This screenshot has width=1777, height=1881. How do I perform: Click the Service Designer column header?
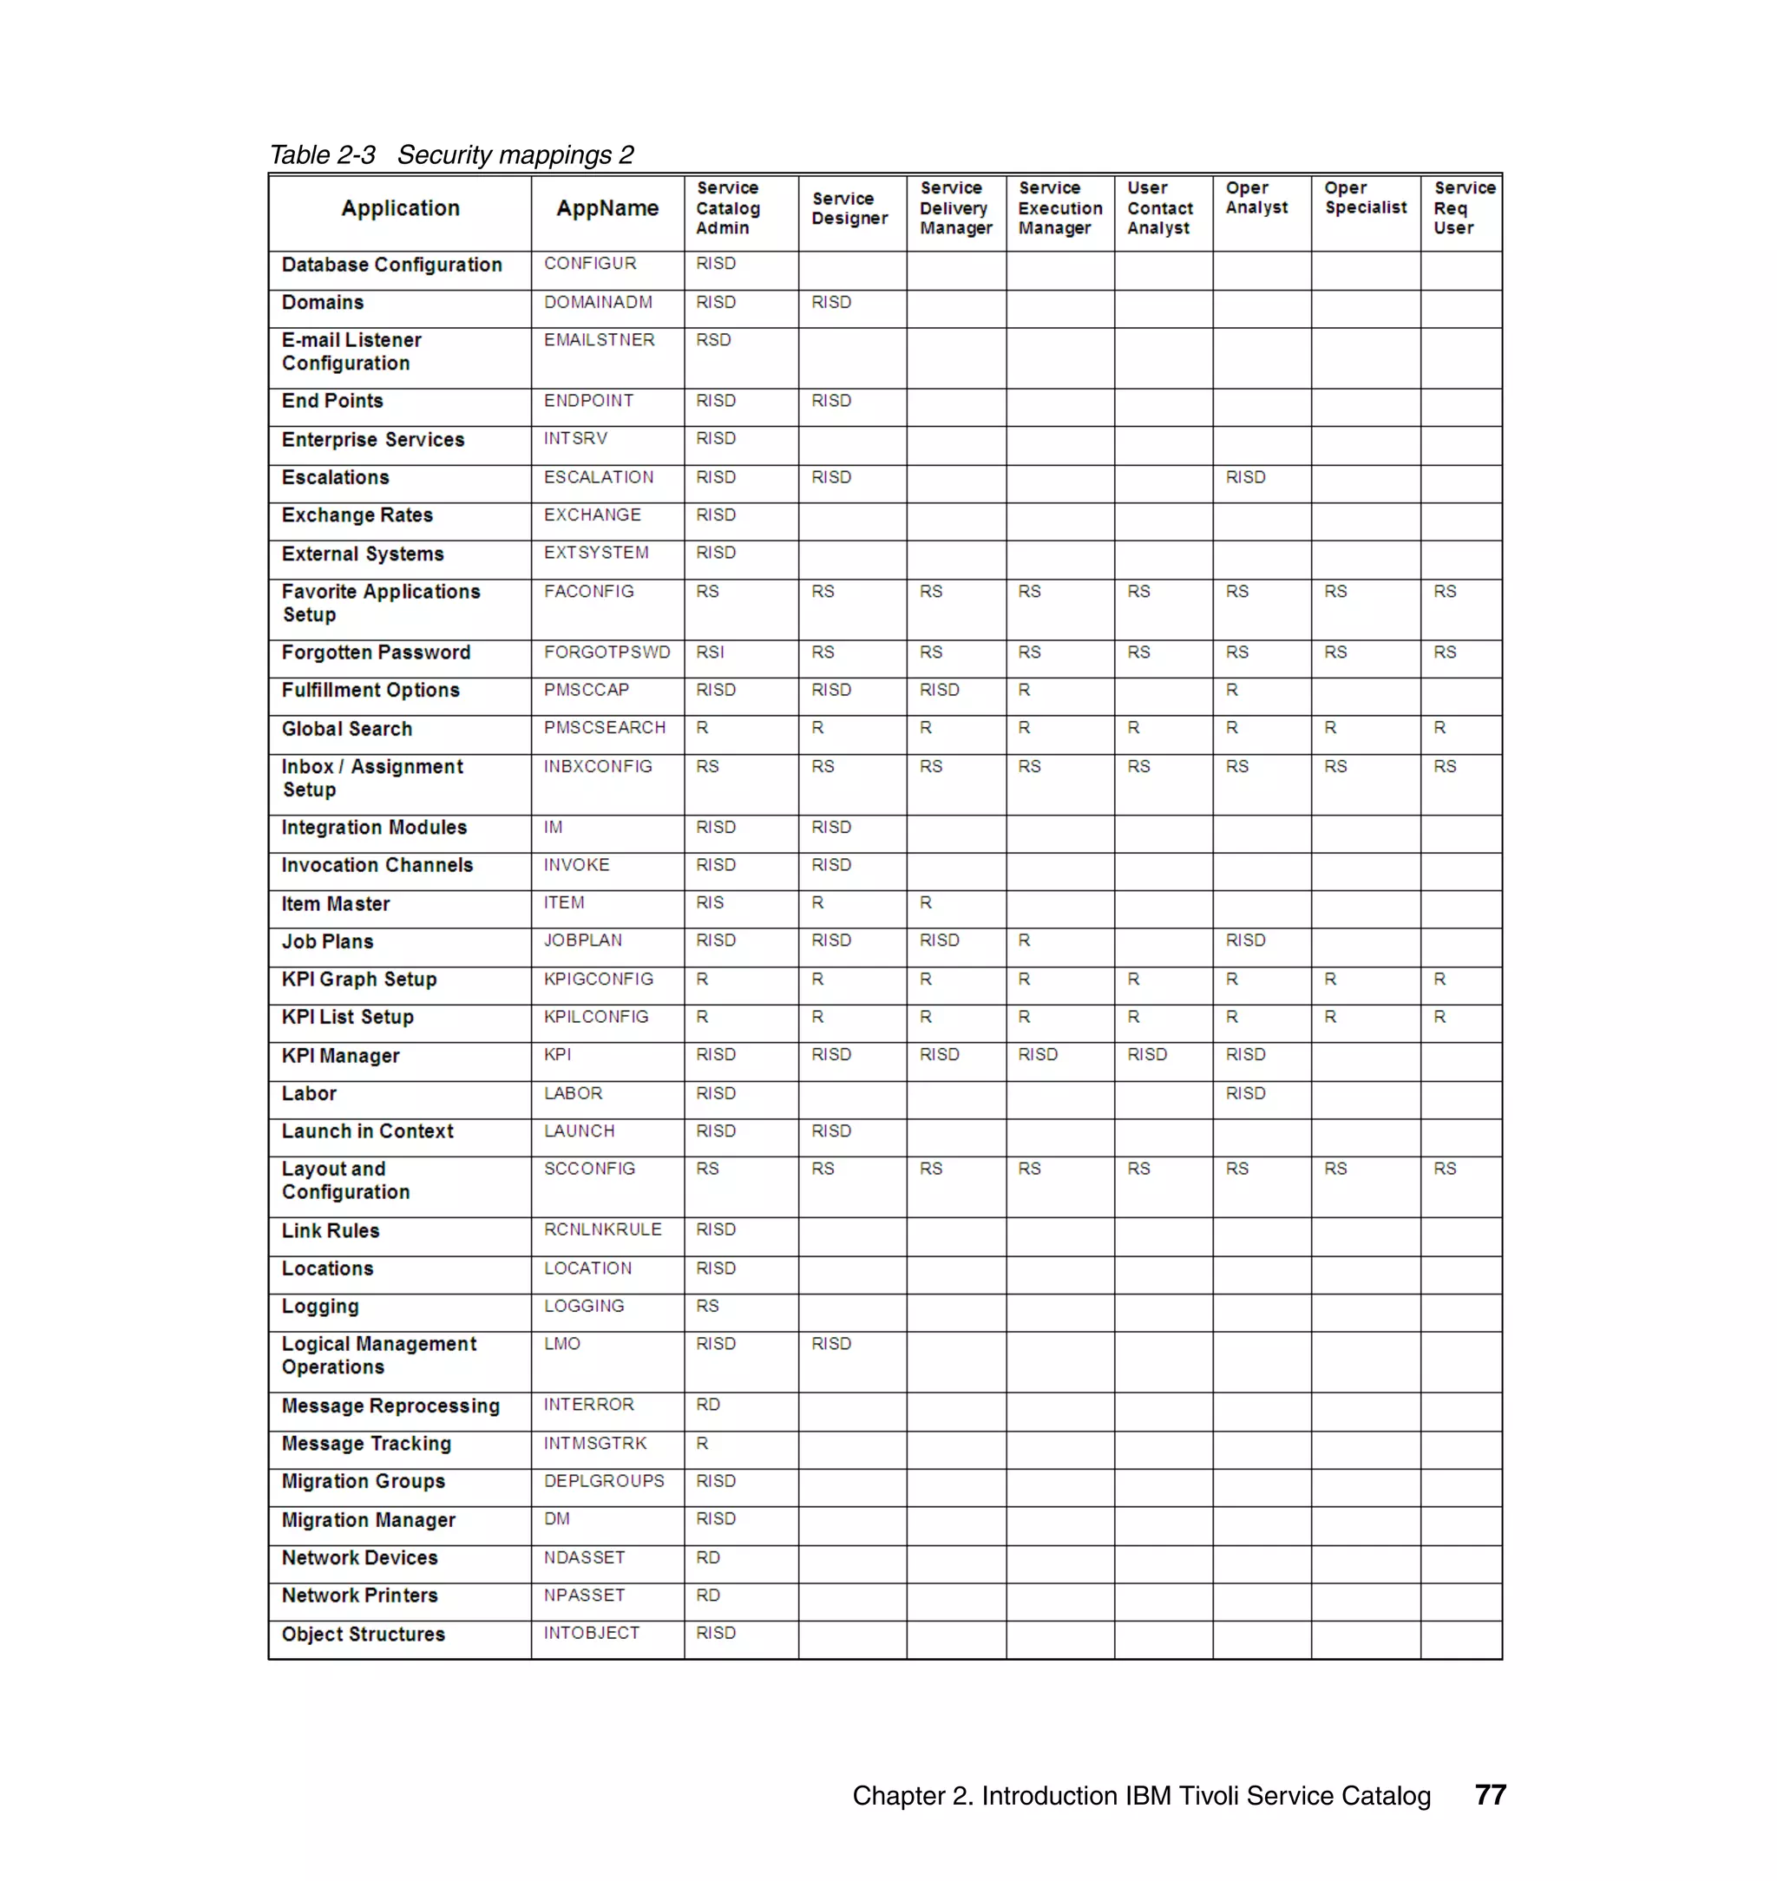tap(849, 208)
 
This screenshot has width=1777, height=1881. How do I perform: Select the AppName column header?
tap(607, 208)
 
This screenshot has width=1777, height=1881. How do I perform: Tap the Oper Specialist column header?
tap(1365, 198)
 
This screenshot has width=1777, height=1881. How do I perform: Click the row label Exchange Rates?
tap(357, 515)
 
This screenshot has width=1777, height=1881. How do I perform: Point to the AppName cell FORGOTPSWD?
tap(607, 652)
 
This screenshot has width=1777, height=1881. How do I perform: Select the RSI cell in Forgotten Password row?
tap(710, 652)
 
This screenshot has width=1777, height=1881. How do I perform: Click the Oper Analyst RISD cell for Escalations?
tap(1244, 477)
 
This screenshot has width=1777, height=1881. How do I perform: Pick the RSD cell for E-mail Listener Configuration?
tap(713, 340)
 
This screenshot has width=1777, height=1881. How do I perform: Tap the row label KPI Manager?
tap(340, 1056)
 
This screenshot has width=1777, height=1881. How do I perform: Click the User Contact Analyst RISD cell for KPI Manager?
tap(1146, 1055)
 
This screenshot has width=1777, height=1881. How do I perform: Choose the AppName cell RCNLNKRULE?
tap(602, 1229)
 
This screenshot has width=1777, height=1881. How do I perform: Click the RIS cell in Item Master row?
tap(710, 903)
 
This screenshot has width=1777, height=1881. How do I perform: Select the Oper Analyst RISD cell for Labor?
tap(1244, 1094)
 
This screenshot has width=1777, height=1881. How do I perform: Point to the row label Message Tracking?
tap(365, 1444)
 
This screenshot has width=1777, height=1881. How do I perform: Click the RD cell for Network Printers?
tap(707, 1596)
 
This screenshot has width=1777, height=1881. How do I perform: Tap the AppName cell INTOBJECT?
tap(591, 1634)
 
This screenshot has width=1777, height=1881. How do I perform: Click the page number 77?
tap(1490, 1796)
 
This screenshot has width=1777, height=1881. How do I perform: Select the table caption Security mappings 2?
tap(515, 154)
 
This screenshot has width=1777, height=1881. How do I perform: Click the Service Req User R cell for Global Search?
tap(1439, 728)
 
